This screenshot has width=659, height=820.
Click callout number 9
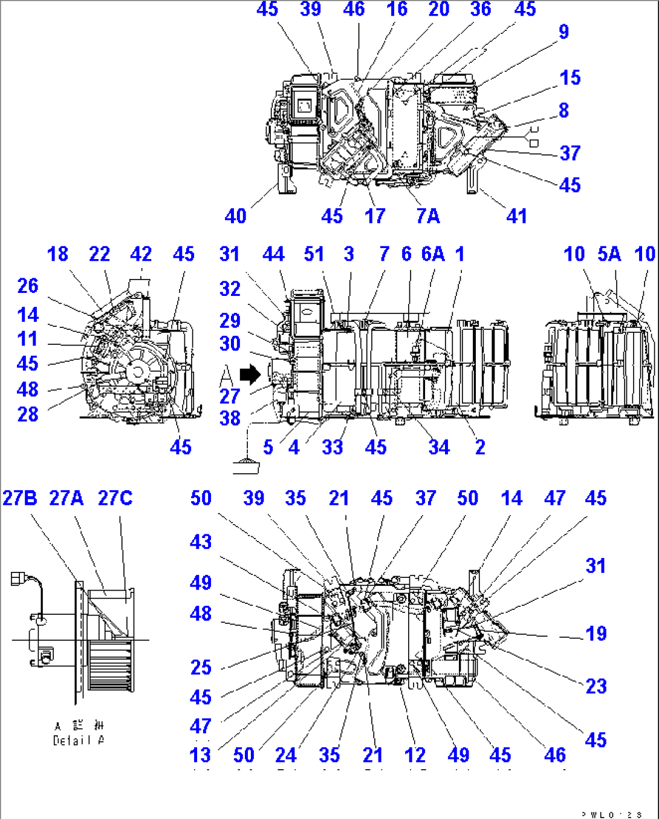tap(563, 31)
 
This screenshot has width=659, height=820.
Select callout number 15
tap(570, 77)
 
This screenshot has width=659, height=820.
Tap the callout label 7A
tap(428, 215)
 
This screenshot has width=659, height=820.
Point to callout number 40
tap(235, 215)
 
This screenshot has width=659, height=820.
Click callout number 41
tap(516, 215)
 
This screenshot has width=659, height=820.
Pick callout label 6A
tap(433, 254)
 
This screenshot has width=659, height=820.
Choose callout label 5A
tap(609, 254)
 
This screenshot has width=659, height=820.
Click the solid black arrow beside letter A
tap(250, 375)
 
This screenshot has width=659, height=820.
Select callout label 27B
tap(19, 498)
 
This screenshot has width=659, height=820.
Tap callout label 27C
tap(115, 498)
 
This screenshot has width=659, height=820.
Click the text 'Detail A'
tap(79, 740)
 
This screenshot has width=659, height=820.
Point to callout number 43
tap(201, 542)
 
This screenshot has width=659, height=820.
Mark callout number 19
tap(596, 634)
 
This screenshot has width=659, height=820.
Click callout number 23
tap(596, 686)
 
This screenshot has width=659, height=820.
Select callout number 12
tap(415, 755)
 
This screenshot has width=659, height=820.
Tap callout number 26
tap(28, 286)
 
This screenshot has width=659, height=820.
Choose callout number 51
tap(314, 254)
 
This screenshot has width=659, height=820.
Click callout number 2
tap(480, 447)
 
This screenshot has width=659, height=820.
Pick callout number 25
tap(201, 667)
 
